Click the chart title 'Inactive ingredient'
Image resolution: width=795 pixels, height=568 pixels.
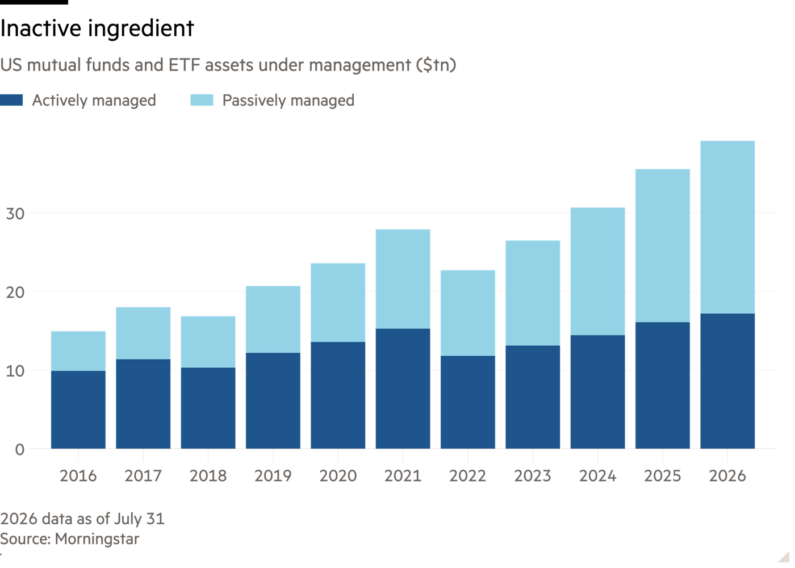97,28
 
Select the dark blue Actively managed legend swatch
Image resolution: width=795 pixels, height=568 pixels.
11,100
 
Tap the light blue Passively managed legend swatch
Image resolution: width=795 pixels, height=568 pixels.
202,100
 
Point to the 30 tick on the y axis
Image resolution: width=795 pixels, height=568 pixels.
15,214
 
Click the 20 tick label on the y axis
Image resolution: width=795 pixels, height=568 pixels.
15,293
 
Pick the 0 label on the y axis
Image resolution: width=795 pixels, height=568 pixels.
20,450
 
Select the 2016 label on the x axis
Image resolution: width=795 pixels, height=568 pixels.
78,476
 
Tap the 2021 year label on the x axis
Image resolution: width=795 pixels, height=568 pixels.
403,476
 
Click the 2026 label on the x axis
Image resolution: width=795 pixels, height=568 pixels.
727,476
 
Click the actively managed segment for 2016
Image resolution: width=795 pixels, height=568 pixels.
78,410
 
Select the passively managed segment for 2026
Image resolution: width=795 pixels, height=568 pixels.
727,227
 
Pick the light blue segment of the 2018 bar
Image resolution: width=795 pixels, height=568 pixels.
208,342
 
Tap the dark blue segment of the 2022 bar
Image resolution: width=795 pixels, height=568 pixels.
468,403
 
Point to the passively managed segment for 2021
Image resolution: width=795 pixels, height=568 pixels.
403,279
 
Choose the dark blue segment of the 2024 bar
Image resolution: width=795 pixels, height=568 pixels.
597,392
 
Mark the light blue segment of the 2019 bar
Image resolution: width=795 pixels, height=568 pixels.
273,319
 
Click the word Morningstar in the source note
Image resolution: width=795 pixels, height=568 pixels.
97,539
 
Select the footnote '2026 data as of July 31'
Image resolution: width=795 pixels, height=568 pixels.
82,519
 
